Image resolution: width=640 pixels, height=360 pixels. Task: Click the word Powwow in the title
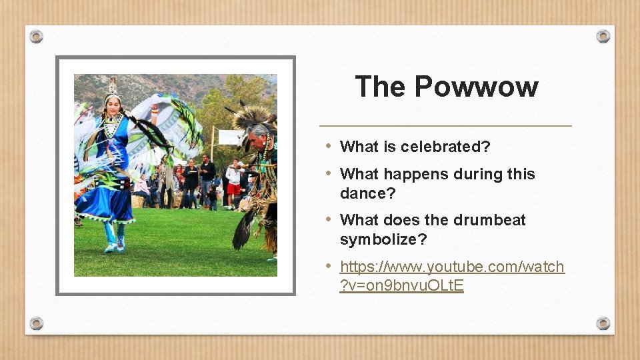pyautogui.click(x=476, y=87)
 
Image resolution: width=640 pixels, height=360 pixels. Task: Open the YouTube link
pyautogui.click(x=452, y=267)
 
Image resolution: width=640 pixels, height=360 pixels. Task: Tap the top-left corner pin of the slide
pyautogui.click(x=37, y=36)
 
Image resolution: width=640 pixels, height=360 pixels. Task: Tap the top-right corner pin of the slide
pyautogui.click(x=603, y=36)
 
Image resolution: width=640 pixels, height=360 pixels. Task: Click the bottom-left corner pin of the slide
pyautogui.click(x=37, y=323)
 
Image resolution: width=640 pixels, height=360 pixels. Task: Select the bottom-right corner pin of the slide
pyautogui.click(x=603, y=323)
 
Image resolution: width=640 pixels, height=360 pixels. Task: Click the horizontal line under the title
pyautogui.click(x=445, y=125)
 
